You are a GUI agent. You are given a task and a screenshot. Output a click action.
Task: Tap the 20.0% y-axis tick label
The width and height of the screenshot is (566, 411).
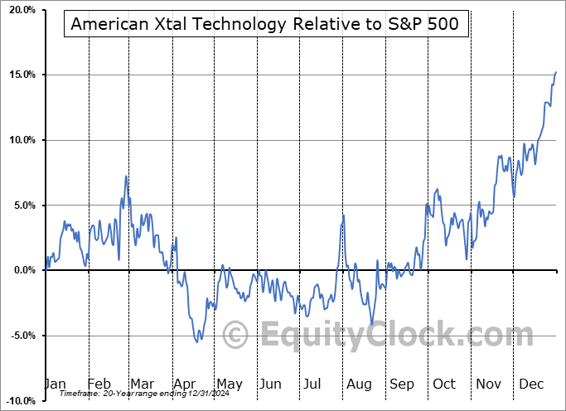pos(21,10)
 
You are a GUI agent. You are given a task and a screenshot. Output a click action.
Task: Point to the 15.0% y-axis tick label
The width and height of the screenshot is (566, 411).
pos(21,75)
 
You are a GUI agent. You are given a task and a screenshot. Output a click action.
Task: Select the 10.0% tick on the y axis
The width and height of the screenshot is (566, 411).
pos(21,140)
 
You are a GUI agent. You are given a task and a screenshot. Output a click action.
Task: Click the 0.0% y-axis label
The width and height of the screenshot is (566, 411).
pos(23,270)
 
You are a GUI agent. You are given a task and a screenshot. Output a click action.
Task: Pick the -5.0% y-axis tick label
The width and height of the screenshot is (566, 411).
pos(22,336)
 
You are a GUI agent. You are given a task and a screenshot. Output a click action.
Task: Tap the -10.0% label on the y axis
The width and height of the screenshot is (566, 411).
pos(19,400)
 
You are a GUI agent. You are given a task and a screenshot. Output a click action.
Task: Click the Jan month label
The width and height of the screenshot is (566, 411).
pos(55,384)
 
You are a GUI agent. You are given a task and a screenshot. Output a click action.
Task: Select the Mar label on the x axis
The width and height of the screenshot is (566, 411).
pos(143,384)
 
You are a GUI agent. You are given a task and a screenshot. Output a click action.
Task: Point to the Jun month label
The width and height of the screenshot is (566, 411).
pos(269,384)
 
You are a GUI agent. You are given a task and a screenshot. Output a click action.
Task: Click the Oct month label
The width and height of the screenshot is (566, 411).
pos(443,384)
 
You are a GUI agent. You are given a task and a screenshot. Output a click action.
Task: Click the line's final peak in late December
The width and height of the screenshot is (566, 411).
pos(556,72)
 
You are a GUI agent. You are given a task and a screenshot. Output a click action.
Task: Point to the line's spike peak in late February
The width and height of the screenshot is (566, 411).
pos(126,176)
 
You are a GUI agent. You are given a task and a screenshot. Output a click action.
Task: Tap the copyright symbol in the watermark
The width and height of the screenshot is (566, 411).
pos(237,336)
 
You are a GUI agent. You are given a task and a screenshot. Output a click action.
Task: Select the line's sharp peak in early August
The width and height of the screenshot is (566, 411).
pos(343,215)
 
